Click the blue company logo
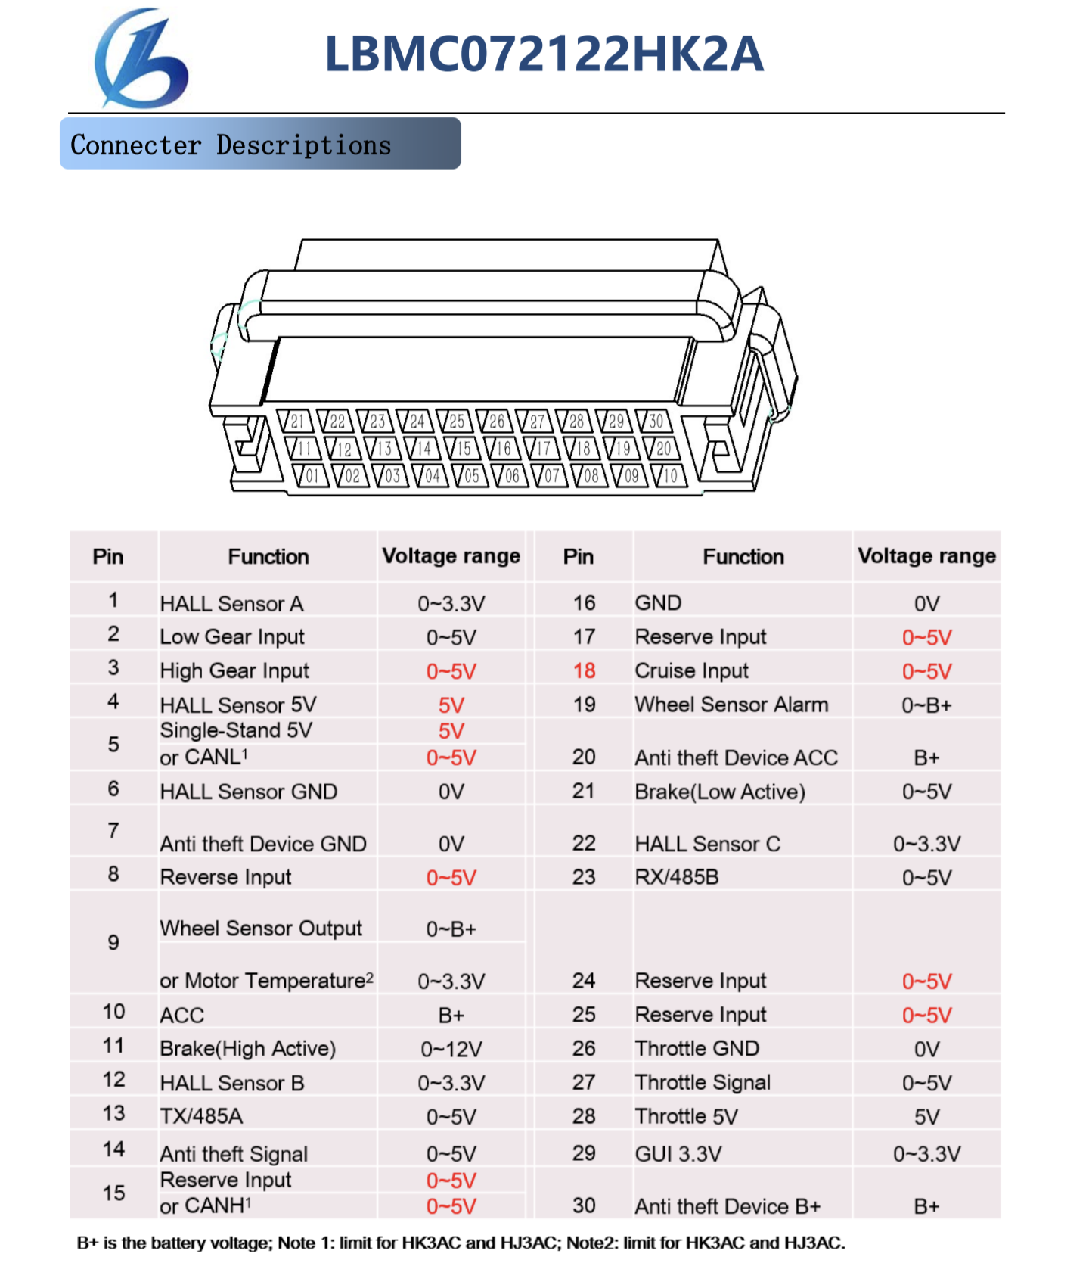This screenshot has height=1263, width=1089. click(x=141, y=58)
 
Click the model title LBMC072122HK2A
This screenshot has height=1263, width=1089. click(x=544, y=54)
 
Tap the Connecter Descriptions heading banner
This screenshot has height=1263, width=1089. click(x=260, y=144)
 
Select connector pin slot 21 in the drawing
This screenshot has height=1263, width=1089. click(x=296, y=422)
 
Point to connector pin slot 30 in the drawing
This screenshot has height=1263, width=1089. click(x=655, y=422)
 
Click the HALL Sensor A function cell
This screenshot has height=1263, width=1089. click(x=231, y=604)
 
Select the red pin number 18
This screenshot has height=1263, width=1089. click(x=584, y=671)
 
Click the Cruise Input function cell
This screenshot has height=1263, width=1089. click(x=692, y=671)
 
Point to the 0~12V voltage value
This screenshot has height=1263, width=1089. click(x=451, y=1050)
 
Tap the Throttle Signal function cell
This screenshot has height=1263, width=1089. click(x=703, y=1083)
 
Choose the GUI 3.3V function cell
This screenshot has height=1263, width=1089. click(x=678, y=1154)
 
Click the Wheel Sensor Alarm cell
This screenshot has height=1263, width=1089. click(x=731, y=705)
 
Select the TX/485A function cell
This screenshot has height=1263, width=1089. click(x=201, y=1117)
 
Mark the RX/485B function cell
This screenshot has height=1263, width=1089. click(x=677, y=878)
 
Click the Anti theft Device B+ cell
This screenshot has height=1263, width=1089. click(x=728, y=1206)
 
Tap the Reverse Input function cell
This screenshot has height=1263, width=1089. click(x=225, y=878)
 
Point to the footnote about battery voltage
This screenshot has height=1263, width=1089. click(x=461, y=1243)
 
